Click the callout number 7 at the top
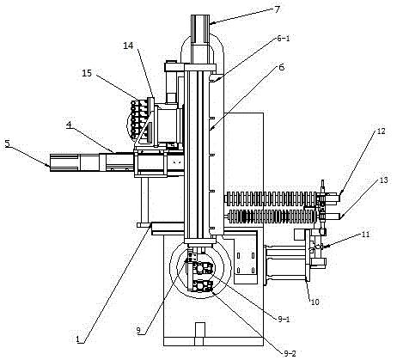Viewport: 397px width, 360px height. click(x=277, y=9)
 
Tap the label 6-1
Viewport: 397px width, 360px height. click(x=283, y=38)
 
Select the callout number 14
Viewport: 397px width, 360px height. click(x=128, y=46)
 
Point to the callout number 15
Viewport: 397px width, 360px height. click(x=87, y=73)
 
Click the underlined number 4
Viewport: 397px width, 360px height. click(x=69, y=125)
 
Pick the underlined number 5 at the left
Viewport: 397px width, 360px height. click(x=8, y=143)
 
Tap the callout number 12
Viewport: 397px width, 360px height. click(x=381, y=131)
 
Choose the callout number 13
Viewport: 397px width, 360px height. click(x=384, y=180)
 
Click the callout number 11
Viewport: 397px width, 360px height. click(x=366, y=235)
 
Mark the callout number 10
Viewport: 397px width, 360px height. click(x=315, y=302)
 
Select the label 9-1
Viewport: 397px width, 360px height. click(x=284, y=319)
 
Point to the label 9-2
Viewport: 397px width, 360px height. click(x=290, y=354)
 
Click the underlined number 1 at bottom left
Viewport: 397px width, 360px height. click(x=77, y=339)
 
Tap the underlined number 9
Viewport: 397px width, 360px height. click(x=138, y=331)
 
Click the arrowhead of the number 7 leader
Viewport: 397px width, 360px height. click(x=211, y=22)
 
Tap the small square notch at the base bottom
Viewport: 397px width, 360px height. click(x=199, y=334)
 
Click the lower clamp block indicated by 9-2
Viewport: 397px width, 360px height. click(x=201, y=286)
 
